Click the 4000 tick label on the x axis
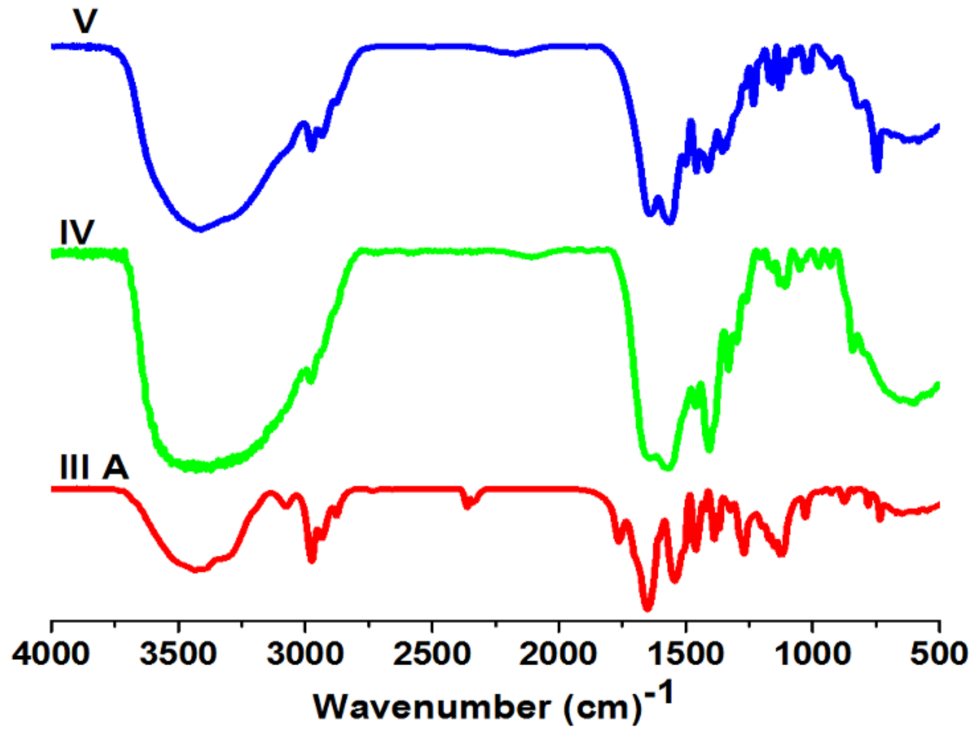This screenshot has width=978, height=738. point(51,654)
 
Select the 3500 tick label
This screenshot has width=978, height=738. point(178,654)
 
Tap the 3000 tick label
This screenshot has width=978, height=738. point(305,654)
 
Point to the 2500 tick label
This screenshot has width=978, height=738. point(431,654)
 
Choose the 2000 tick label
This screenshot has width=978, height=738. point(558,654)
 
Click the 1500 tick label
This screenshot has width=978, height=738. point(685,654)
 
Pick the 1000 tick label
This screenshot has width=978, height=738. point(812,654)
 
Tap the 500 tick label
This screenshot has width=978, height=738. point(939,654)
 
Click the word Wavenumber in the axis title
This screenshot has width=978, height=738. point(431,707)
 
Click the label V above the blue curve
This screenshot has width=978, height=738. point(85,21)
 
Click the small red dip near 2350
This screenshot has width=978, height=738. point(467,506)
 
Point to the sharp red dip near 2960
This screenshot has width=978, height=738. point(312,560)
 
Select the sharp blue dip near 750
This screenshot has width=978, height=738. point(877,169)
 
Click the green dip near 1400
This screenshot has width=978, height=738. point(709,449)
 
